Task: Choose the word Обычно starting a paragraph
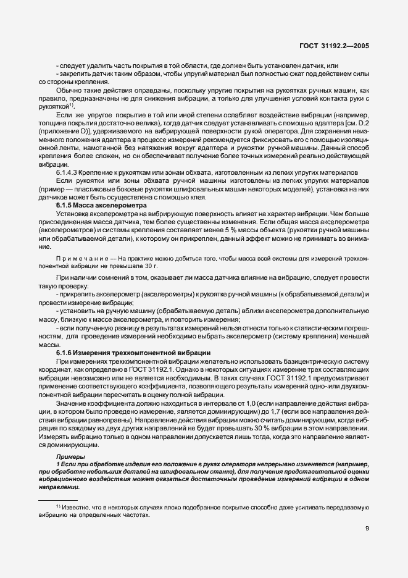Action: tap(68, 91)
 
